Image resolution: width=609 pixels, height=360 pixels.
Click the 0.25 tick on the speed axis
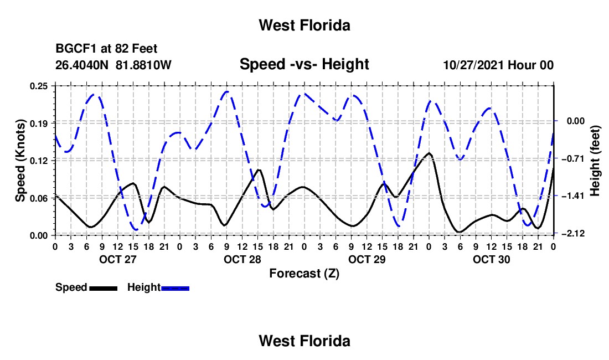coord(38,86)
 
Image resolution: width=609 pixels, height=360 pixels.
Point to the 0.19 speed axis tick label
coord(38,124)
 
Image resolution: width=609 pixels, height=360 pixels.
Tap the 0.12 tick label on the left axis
coord(38,161)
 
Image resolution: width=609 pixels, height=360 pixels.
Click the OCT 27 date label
coord(118,259)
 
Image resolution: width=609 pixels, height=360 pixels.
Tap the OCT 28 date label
coord(242,259)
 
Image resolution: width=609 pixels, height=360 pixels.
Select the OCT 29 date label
coord(367,259)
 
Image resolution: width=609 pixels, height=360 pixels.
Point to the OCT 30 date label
coord(491,259)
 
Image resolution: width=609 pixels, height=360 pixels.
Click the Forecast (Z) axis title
coord(304,274)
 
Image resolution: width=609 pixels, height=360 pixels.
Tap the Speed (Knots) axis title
coord(20,161)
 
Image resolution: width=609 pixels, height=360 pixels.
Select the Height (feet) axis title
coord(595,161)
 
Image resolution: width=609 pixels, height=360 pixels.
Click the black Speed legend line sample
coord(104,289)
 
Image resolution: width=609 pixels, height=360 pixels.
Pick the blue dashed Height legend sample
coord(175,289)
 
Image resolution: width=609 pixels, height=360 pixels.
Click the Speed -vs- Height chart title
coord(304,64)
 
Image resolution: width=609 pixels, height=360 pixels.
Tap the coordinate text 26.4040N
coord(82,65)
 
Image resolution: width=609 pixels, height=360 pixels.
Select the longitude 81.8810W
coord(143,65)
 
